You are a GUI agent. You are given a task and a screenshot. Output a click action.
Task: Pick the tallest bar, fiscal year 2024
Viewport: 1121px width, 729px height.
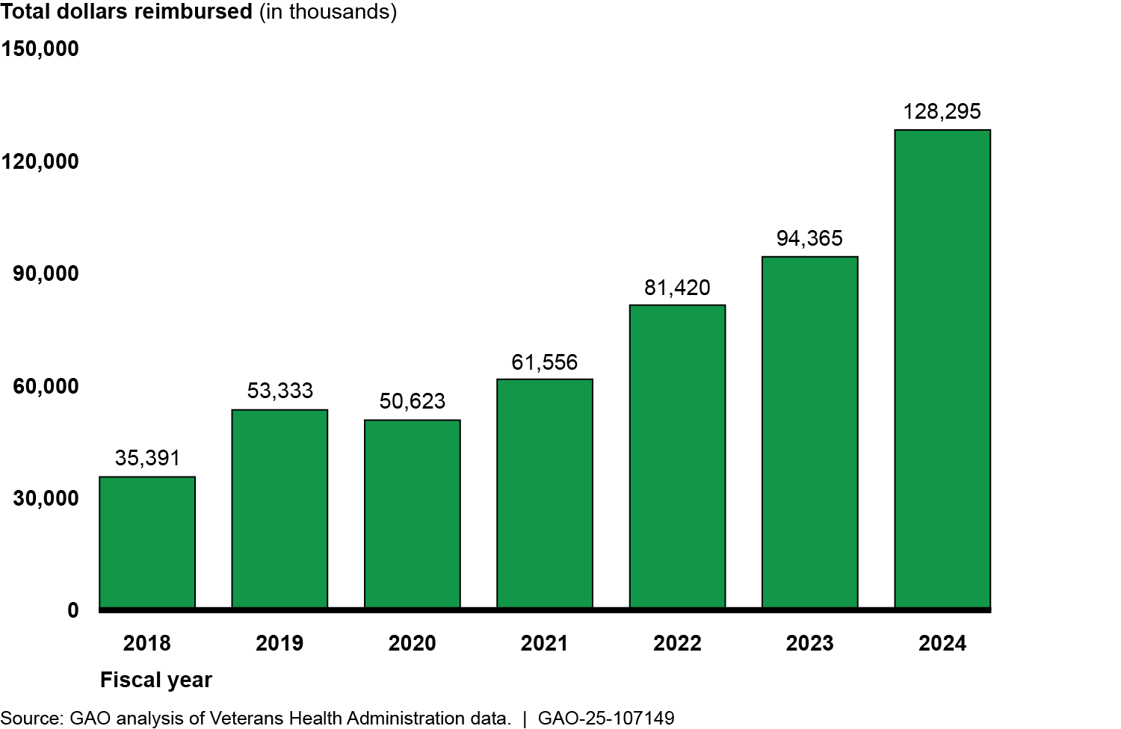942,368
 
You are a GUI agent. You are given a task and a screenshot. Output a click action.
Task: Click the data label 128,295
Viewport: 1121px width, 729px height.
942,112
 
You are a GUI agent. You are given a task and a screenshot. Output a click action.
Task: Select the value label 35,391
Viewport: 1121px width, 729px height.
147,458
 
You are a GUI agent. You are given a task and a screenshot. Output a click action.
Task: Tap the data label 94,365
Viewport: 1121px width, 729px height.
809,238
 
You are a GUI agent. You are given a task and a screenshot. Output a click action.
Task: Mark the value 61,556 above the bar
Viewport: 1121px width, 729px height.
545,362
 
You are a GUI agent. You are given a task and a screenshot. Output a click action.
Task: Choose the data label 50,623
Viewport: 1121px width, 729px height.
412,401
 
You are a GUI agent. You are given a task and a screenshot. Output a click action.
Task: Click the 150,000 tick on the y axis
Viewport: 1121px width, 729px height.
40,49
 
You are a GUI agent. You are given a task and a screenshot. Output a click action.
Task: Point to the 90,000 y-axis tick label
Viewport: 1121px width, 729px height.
46,273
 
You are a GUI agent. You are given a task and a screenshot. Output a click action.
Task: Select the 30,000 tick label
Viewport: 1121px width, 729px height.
46,498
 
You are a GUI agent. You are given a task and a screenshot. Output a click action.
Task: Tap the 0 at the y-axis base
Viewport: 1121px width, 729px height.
72,610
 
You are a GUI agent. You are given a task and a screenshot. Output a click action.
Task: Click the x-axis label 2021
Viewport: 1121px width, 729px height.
544,643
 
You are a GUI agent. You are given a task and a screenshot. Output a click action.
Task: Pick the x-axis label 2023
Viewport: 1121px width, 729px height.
809,643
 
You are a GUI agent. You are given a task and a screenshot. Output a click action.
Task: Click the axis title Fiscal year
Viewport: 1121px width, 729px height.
156,680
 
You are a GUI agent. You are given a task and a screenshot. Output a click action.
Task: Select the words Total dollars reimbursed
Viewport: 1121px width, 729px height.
126,12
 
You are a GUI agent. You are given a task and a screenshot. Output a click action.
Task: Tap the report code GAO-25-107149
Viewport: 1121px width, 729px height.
606,719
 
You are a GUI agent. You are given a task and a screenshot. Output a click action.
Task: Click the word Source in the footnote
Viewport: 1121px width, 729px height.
31,719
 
